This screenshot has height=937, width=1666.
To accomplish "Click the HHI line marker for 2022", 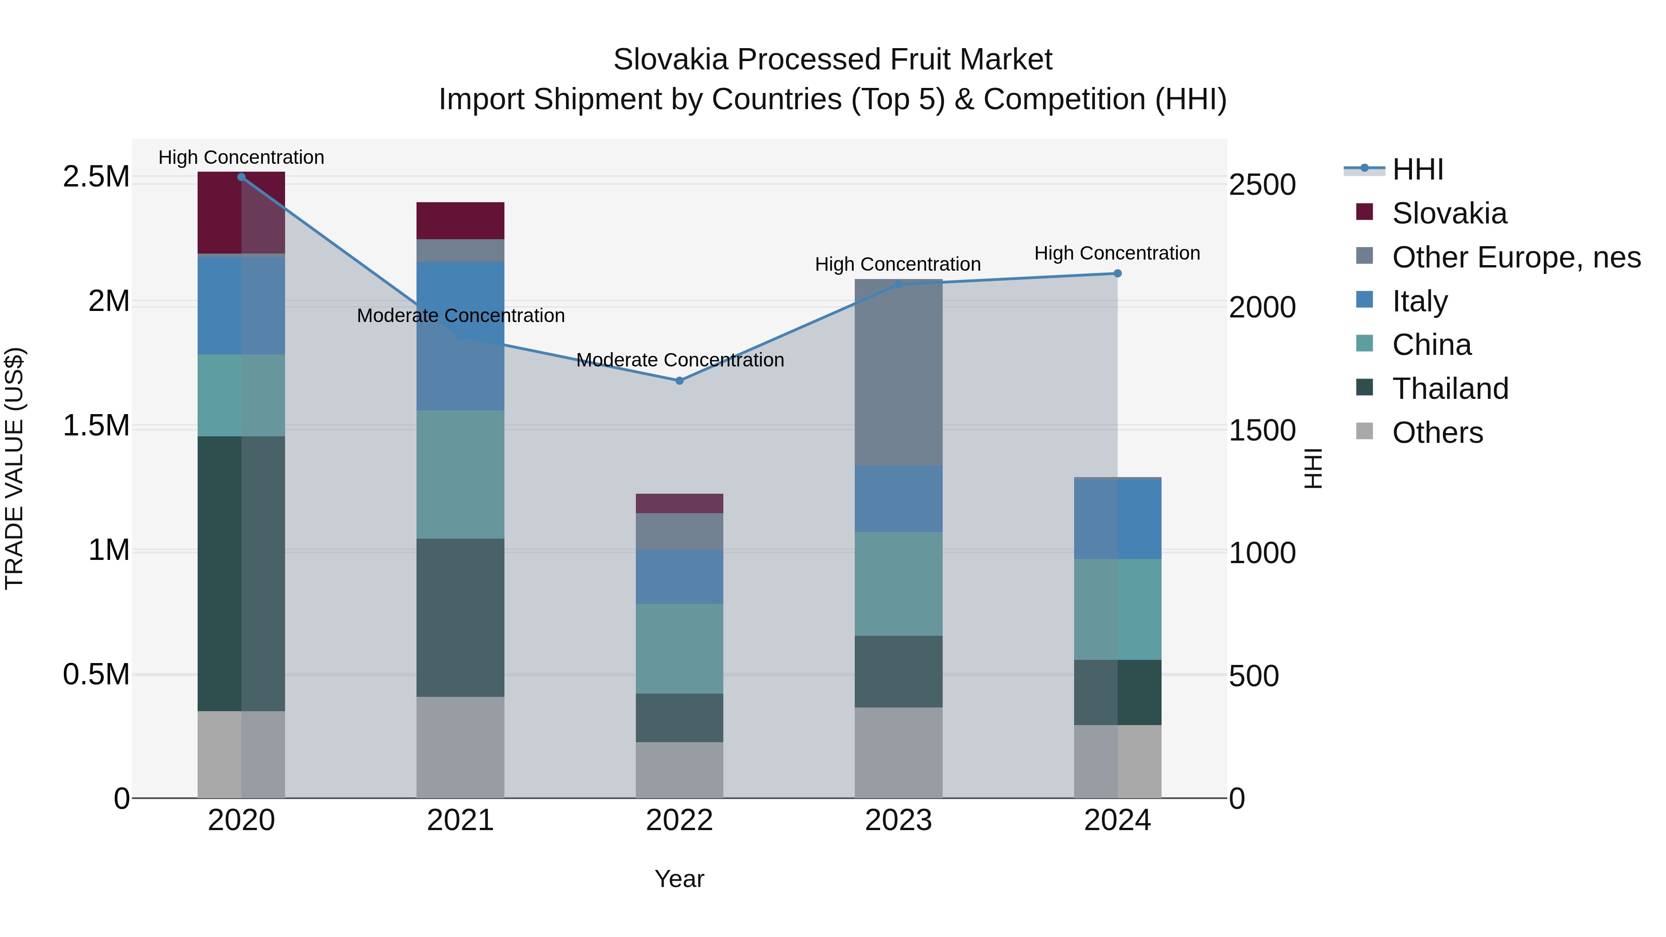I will click(x=679, y=381).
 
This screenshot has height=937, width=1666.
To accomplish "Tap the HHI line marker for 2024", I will click(x=1117, y=273).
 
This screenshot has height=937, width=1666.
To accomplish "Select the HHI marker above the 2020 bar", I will click(x=241, y=177).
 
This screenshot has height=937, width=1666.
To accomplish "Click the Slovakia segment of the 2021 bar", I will click(x=460, y=221).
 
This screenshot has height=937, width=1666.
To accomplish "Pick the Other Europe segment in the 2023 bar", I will click(x=898, y=372).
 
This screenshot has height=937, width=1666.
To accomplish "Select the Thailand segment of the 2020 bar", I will click(x=241, y=574).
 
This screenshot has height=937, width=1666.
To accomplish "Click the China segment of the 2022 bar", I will click(x=679, y=649).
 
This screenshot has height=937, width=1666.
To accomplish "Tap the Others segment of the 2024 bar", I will click(x=1117, y=761).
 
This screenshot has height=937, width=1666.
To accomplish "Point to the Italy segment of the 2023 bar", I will click(x=898, y=498).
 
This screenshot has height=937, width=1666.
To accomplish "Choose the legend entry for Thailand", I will click(x=1449, y=389).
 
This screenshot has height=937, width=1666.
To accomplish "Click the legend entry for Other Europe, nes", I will click(x=1516, y=257).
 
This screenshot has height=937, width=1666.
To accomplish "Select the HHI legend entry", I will click(x=1417, y=169).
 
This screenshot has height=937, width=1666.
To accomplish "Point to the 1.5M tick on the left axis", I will click(x=96, y=426).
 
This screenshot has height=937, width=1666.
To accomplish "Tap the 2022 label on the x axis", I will click(x=679, y=820).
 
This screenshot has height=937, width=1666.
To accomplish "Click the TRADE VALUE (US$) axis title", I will click(x=14, y=468).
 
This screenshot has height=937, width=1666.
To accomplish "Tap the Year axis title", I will click(x=679, y=879).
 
